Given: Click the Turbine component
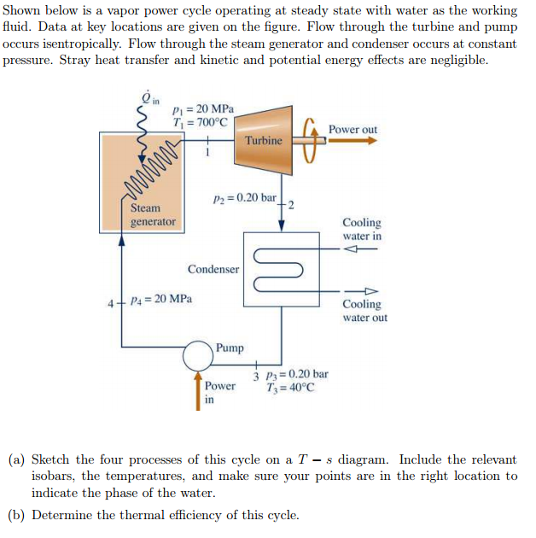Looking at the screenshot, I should point(263,138).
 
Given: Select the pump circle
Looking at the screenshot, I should point(199,351).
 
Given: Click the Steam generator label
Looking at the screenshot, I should point(153,214).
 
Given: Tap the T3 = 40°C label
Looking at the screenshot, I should point(294,387).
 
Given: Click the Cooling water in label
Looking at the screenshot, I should point(362,229).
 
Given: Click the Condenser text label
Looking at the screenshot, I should point(213,269).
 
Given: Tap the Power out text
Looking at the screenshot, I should point(352,129).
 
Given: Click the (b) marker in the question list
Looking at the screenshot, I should point(16,514).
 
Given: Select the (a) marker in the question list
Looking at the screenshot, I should point(16,459).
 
